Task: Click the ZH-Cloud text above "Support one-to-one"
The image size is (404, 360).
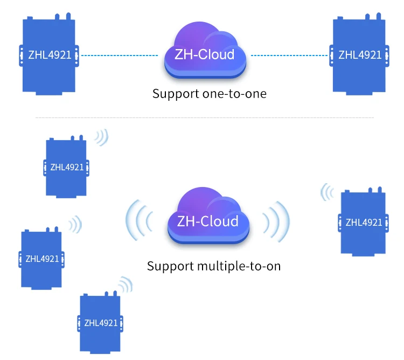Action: [x=204, y=54]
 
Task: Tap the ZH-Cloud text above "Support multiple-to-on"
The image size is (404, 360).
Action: [x=207, y=221]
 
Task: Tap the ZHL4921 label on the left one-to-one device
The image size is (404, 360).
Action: [x=50, y=54]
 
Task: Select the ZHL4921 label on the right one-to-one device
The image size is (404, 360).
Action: [x=359, y=55]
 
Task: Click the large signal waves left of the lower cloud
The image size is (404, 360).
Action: [x=138, y=220]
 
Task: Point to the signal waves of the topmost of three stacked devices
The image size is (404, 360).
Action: [x=101, y=137]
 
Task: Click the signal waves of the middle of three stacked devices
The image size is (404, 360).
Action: [x=75, y=225]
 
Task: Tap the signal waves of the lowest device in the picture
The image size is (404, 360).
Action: [x=126, y=285]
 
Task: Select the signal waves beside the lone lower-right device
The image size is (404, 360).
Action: [x=326, y=192]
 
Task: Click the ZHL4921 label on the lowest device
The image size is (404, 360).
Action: [x=101, y=323]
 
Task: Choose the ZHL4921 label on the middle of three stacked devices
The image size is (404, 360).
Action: [x=42, y=259]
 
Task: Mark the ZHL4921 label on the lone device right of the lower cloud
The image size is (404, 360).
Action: [x=364, y=222]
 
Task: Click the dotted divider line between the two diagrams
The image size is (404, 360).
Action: [x=204, y=117]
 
